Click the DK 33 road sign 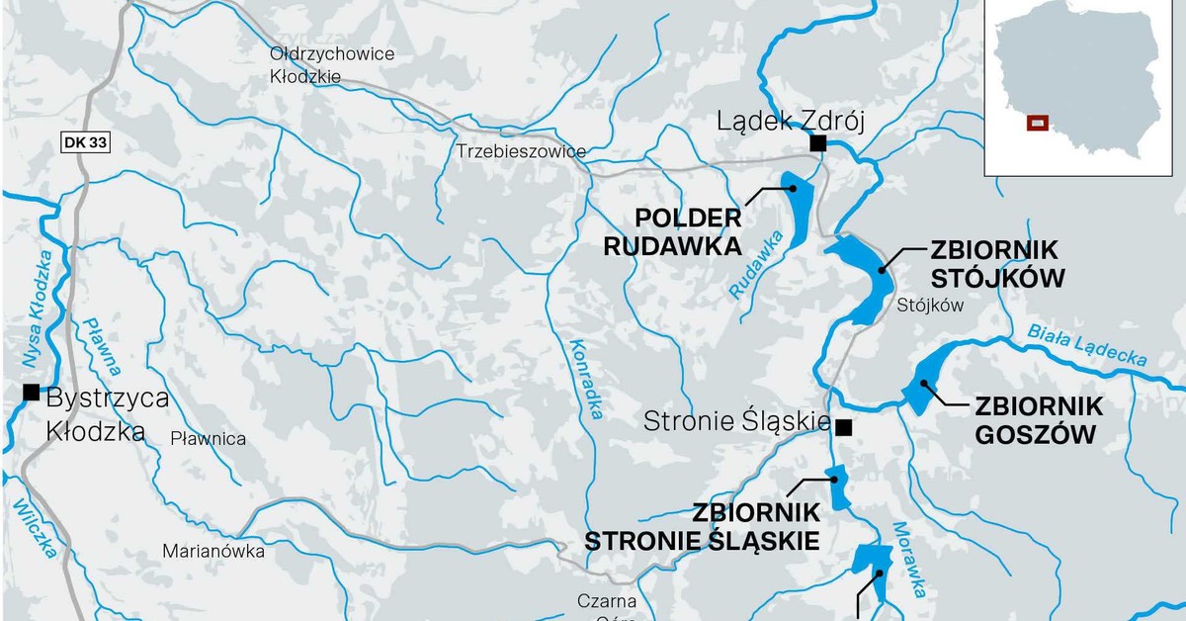click(x=84, y=142)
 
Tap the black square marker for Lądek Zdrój click(x=817, y=143)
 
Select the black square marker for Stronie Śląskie click(x=843, y=427)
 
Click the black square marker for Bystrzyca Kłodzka click(x=32, y=393)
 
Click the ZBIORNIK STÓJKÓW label click(x=996, y=264)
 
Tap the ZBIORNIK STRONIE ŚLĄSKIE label click(x=702, y=527)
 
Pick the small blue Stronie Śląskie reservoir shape click(x=838, y=488)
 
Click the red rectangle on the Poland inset click(x=1037, y=123)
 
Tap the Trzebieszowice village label click(x=521, y=151)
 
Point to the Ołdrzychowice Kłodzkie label click(x=331, y=64)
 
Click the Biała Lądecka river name click(x=1086, y=345)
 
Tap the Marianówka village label click(x=214, y=552)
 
